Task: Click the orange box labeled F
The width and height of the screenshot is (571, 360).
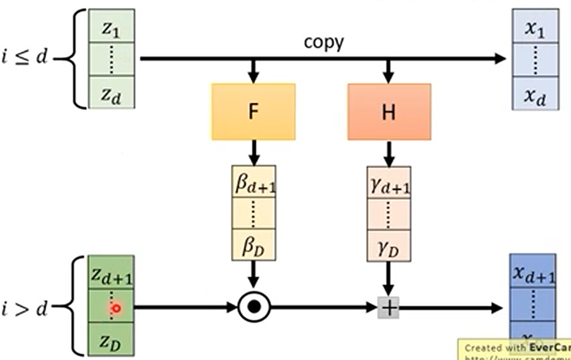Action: click(x=253, y=111)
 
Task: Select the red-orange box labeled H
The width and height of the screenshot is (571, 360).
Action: click(x=389, y=111)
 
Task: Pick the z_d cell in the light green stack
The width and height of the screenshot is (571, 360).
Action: click(x=111, y=94)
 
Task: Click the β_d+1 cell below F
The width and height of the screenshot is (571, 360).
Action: click(x=254, y=183)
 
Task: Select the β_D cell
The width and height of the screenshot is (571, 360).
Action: click(x=254, y=245)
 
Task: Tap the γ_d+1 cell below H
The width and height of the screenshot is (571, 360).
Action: click(x=389, y=183)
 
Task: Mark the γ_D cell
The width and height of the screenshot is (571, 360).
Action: click(x=389, y=245)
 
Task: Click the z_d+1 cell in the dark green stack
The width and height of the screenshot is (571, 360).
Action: click(x=111, y=274)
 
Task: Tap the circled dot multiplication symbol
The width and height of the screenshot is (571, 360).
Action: click(x=254, y=307)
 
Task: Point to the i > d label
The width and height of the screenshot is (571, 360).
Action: click(x=25, y=307)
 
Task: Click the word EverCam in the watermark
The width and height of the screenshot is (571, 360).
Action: click(x=549, y=347)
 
